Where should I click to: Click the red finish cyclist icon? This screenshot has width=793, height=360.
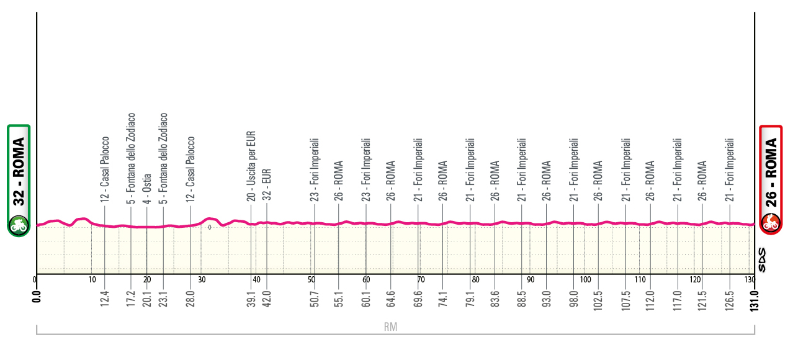tap(771, 222)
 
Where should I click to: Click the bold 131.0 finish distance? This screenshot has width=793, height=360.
tap(754, 299)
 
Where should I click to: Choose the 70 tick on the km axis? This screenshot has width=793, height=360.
tap(421, 279)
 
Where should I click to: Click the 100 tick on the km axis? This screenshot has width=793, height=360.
tap(585, 279)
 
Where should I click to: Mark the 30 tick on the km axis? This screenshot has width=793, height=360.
tap(202, 279)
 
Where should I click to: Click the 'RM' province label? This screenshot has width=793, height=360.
tap(390, 326)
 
